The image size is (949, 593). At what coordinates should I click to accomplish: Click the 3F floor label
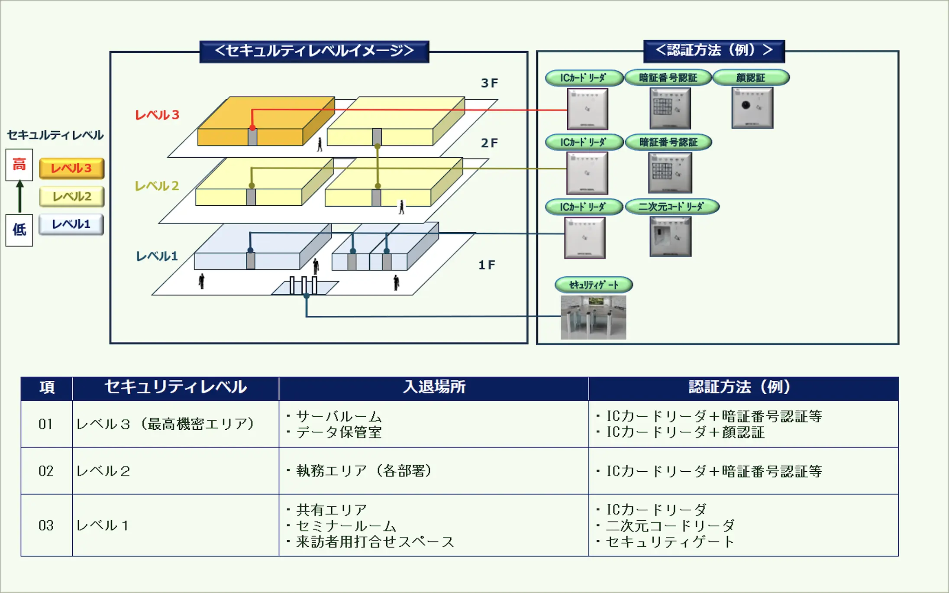[x=489, y=83]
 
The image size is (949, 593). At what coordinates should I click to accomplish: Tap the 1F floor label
[x=486, y=265]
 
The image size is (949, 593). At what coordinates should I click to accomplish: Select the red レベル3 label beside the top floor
[x=157, y=115]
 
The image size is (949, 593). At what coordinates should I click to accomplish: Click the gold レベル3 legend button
[x=72, y=168]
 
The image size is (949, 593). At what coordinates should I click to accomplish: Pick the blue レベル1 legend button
[x=71, y=224]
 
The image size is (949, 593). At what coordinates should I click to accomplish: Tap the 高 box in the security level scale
[x=19, y=165]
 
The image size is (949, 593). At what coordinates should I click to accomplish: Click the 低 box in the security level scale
[x=19, y=230]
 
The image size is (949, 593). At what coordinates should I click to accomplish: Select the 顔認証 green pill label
[x=751, y=78]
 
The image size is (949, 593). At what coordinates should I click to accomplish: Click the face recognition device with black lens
[x=752, y=107]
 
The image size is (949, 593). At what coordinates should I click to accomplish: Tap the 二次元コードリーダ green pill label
[x=671, y=207]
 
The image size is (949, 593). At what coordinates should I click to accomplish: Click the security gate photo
[x=593, y=317]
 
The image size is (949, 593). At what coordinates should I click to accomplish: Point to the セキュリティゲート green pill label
[x=594, y=285]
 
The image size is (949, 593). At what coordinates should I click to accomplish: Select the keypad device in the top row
[x=670, y=108]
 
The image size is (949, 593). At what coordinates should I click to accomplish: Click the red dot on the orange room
[x=252, y=128]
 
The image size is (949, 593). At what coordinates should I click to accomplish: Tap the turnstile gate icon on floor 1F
[x=303, y=285]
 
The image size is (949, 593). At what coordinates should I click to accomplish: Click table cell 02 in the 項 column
[x=46, y=471]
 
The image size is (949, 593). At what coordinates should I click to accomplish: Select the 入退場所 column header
[x=434, y=387]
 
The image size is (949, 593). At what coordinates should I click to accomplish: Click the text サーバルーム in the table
[x=339, y=416]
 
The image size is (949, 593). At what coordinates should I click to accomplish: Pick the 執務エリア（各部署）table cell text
[x=364, y=471]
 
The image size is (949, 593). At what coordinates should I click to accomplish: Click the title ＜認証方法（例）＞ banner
[x=714, y=51]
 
